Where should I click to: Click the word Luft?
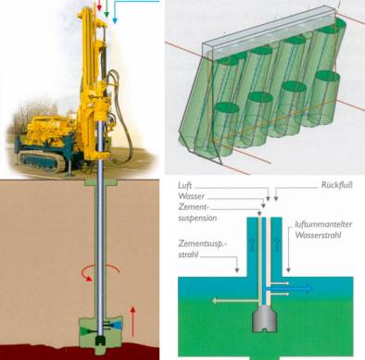185,186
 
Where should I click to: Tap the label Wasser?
191,196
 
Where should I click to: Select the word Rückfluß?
337,185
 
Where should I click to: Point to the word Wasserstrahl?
318,235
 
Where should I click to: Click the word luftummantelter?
323,224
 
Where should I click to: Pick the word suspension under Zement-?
197,218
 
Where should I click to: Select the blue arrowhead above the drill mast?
115,20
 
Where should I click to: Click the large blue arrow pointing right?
291,289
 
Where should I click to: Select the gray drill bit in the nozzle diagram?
264,318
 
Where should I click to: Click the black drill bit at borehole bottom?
100,341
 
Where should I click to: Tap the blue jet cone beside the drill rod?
118,325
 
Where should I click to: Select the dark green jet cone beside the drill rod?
85,330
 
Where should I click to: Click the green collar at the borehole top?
101,182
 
